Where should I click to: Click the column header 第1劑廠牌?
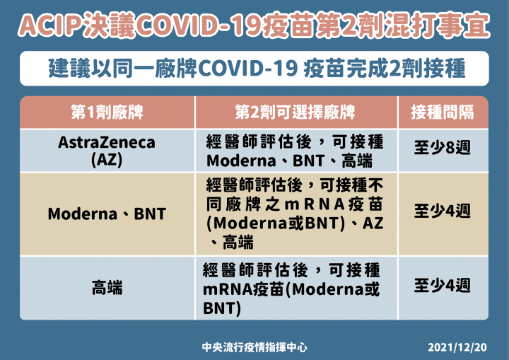click(x=107, y=112)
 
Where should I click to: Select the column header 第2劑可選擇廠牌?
click(x=295, y=112)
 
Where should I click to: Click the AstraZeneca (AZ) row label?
click(x=107, y=150)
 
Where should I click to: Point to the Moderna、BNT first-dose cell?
click(x=107, y=213)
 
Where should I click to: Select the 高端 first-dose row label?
click(x=107, y=287)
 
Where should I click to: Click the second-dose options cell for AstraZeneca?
click(x=295, y=150)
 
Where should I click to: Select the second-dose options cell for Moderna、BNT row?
click(x=295, y=213)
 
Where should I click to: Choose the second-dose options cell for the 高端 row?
click(x=295, y=289)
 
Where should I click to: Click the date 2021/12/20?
click(x=457, y=347)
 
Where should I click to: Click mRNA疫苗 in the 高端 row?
click(x=244, y=289)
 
